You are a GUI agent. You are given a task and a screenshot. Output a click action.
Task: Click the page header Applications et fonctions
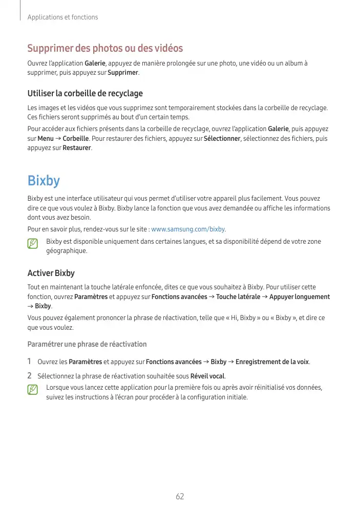click(62, 17)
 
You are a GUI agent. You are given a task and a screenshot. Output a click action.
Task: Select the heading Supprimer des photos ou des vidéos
click(105, 49)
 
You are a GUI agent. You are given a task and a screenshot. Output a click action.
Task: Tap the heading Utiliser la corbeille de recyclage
click(85, 94)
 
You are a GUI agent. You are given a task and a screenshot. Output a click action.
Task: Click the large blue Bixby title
click(44, 180)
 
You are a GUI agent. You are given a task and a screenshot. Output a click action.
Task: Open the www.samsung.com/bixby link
click(188, 229)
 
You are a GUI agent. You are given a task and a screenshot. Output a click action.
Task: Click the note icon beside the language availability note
click(33, 244)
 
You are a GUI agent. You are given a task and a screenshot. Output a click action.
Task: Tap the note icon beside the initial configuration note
click(33, 390)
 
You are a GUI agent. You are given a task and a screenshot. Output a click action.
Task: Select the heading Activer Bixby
click(51, 273)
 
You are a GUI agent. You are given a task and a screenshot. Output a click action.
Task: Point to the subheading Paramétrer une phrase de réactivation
click(87, 344)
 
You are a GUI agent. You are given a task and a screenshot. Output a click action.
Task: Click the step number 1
click(30, 362)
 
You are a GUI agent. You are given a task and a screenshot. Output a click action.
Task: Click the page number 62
click(180, 496)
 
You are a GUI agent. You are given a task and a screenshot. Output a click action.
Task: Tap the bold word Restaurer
click(77, 148)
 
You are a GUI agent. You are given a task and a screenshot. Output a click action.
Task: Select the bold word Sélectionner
click(222, 139)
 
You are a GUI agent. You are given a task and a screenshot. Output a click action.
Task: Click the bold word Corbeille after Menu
click(76, 139)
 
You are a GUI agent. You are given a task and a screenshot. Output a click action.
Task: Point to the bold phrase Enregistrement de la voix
click(272, 362)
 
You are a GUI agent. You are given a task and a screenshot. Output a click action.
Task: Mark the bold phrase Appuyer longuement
click(300, 297)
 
